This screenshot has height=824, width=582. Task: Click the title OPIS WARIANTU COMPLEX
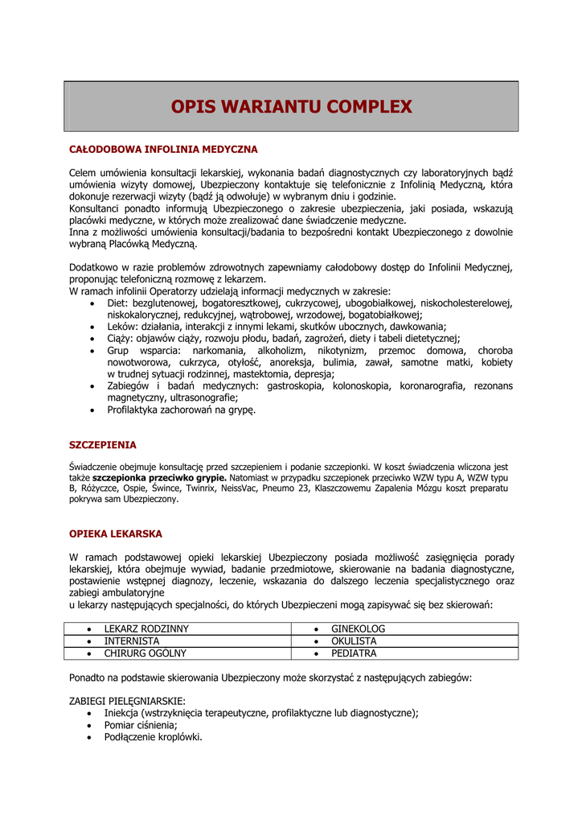291,106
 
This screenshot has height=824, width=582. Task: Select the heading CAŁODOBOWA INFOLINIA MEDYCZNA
163,150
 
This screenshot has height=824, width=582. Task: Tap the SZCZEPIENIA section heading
103,444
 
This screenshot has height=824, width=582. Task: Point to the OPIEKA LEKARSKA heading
116,534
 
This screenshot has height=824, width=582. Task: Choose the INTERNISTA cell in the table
132,641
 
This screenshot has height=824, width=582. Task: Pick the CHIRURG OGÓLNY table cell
145,653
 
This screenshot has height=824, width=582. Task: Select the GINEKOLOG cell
359,628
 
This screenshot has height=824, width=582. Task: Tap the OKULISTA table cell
354,641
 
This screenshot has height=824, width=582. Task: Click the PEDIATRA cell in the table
354,653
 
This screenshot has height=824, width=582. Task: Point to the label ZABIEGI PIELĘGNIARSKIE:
128,701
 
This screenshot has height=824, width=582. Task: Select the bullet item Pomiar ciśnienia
140,724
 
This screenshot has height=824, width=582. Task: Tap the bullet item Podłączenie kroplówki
153,736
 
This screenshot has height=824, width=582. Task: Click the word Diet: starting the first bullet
118,303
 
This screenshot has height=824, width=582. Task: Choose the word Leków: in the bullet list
123,327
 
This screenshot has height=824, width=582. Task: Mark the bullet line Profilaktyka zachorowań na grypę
181,410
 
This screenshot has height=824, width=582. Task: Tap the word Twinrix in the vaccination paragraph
200,488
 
